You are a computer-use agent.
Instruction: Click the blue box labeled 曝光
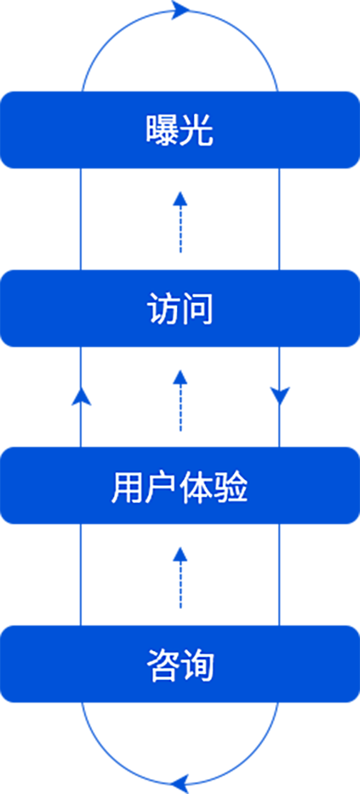[180, 130]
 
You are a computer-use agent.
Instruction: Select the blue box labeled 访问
[180, 308]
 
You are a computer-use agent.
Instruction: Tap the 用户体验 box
[180, 486]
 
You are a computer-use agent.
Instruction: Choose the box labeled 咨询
[180, 664]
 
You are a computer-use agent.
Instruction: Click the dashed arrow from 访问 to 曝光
[180, 222]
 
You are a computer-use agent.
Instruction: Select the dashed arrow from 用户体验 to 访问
[180, 401]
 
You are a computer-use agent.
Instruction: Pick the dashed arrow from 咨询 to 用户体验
[180, 578]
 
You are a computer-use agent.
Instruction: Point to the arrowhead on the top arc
[181, 9]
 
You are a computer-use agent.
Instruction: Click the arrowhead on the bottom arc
[180, 784]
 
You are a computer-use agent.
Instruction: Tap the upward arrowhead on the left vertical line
[81, 396]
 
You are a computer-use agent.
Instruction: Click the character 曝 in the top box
[163, 130]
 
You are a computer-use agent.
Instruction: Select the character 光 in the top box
[196, 130]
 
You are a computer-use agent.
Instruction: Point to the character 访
[163, 308]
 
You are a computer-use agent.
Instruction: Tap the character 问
[196, 308]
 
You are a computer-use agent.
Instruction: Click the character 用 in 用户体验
[128, 486]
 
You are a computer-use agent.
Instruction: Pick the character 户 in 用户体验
[162, 486]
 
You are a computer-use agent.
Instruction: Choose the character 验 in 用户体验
[231, 486]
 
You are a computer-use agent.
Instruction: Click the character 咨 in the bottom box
[163, 664]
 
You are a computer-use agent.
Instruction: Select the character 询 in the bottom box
[196, 664]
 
